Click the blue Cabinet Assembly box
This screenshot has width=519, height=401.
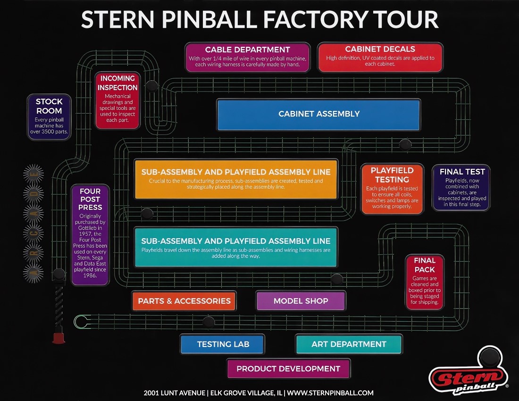[319, 115]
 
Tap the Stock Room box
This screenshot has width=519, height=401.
[49, 117]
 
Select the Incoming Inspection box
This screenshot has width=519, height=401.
[117, 100]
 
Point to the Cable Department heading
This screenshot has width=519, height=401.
[247, 50]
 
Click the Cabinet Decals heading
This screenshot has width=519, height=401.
[380, 49]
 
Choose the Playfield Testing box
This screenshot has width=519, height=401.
[392, 189]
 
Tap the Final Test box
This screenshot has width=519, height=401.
[461, 188]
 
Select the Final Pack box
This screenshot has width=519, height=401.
[425, 282]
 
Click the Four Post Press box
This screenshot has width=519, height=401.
[90, 234]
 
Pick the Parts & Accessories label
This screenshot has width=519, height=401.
[184, 301]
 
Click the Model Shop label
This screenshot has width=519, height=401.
[301, 301]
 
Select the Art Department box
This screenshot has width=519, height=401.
[349, 344]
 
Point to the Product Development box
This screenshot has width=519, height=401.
[289, 368]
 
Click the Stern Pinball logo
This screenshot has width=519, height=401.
[469, 372]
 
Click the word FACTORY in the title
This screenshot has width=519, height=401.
[315, 19]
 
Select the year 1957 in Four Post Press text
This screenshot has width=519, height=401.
[85, 234]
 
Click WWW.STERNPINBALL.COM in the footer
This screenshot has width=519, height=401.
[330, 393]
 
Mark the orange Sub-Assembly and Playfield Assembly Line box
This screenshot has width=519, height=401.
[236, 179]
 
